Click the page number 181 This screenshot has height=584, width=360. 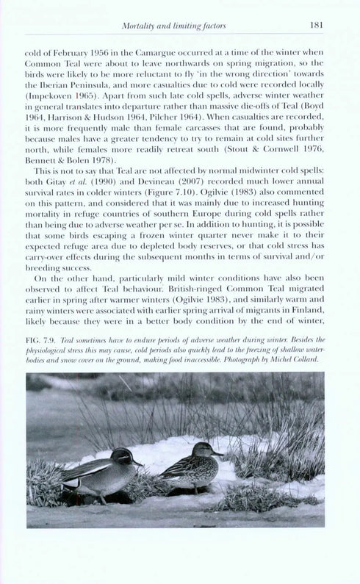pos(316,26)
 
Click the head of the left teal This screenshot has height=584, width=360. pos(124,458)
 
